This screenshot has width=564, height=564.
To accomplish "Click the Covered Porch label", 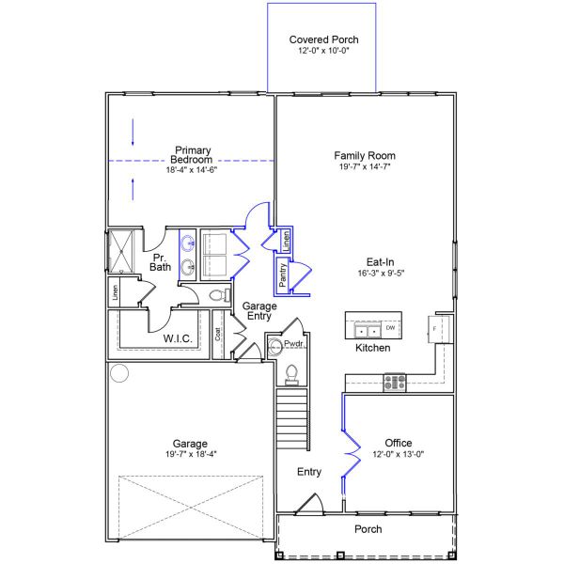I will click(323, 39).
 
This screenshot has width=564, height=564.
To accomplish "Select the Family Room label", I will click(365, 155).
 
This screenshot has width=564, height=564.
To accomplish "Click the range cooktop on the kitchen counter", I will click(394, 382).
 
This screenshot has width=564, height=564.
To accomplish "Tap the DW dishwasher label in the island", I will click(389, 328).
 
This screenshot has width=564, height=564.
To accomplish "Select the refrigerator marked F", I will click(438, 329).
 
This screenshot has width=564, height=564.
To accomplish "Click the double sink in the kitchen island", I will click(365, 331).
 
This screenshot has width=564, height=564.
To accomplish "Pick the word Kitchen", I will click(372, 348).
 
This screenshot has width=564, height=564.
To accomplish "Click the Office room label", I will click(399, 443).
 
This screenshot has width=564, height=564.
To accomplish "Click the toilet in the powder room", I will click(291, 373).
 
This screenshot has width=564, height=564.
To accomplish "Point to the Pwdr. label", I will click(294, 345).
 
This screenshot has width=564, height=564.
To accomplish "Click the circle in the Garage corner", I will click(119, 373).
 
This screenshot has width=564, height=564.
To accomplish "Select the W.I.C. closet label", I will click(178, 338).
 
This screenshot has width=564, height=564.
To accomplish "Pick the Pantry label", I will click(282, 274).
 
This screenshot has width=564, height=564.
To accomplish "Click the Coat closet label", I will click(217, 333).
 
